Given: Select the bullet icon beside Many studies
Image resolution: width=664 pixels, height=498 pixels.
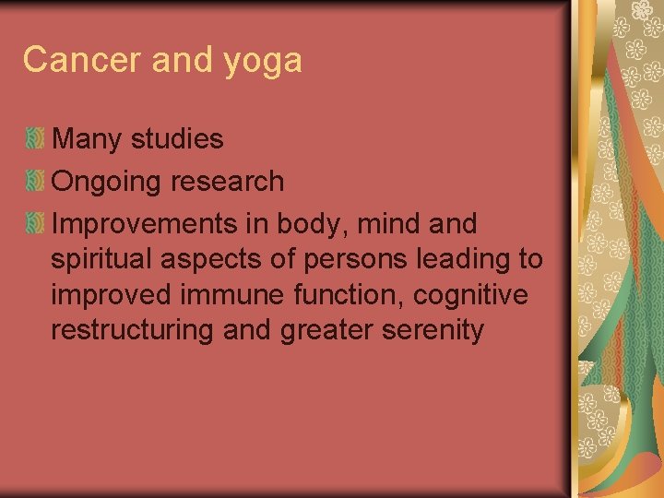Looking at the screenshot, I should (35, 139).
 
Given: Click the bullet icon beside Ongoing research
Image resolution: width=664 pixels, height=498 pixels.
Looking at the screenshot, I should (35, 181).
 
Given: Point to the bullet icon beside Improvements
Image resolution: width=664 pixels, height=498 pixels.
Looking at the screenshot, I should (35, 223).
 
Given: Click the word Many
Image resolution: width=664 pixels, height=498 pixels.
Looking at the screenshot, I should (88, 140).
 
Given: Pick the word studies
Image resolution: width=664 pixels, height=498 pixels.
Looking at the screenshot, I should (177, 139).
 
